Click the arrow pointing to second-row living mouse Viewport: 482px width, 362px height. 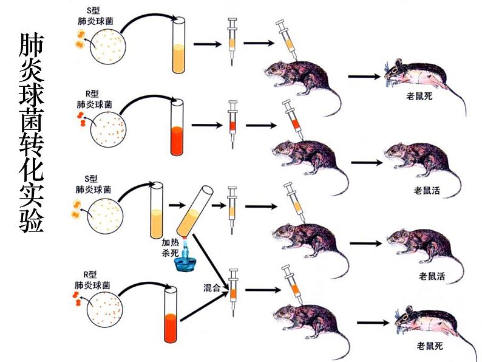pos(365,162)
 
